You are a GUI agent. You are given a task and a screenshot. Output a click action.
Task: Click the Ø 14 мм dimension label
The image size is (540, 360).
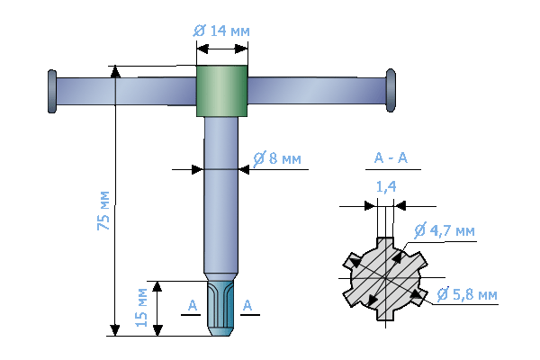[x=221, y=31]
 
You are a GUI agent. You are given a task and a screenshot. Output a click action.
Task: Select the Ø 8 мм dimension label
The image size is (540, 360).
[x=277, y=158]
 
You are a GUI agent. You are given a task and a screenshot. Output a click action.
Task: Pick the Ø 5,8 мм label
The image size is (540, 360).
[x=467, y=294]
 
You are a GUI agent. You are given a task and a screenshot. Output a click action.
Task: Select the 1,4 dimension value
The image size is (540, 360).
[x=386, y=187]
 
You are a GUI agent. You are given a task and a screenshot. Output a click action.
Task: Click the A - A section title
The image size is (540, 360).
[x=391, y=159]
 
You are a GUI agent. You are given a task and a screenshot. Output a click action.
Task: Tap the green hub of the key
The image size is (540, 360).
[x=221, y=91]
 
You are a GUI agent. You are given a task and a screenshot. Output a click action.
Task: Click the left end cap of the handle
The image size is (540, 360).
[x=51, y=91]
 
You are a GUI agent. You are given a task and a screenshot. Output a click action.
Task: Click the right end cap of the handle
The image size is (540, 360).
[x=391, y=90]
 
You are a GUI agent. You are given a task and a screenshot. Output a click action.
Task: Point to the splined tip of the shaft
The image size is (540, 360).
[x=221, y=308]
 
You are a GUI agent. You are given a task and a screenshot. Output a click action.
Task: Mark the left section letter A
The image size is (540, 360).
[x=192, y=306]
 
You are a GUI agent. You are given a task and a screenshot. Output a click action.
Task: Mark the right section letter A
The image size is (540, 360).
[x=249, y=306]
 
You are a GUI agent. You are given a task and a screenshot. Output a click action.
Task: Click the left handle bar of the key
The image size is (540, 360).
[x=126, y=91]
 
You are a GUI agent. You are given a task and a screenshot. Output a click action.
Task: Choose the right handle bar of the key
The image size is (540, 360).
[x=315, y=90]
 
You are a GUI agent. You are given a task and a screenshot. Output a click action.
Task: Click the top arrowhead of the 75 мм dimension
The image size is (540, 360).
[x=114, y=71]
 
